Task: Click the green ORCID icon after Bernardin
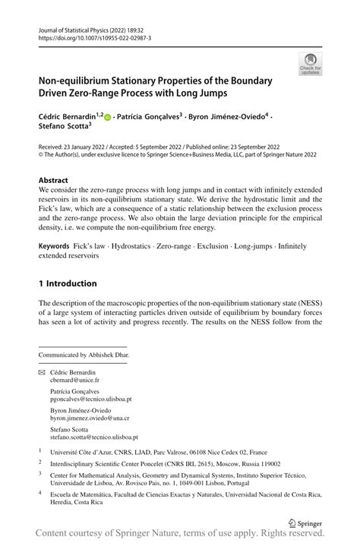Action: point(108,117)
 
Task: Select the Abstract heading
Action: point(58,180)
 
